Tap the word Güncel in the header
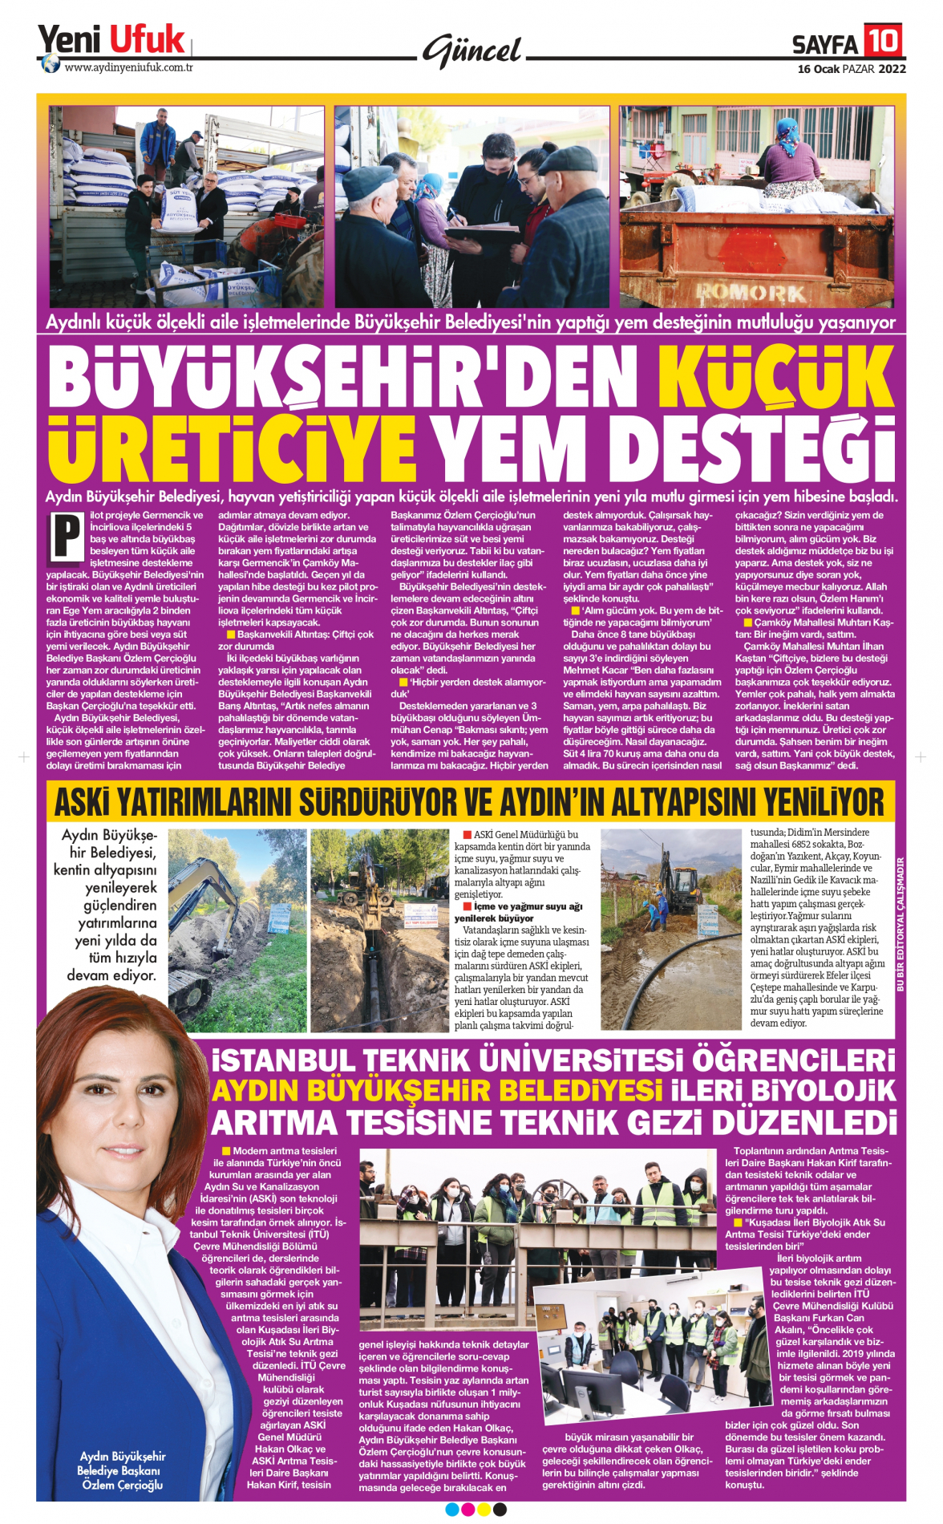click(x=472, y=51)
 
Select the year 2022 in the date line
click(x=892, y=69)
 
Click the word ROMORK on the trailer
click(x=751, y=292)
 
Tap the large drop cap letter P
click(x=67, y=536)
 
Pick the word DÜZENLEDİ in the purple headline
click(x=803, y=1123)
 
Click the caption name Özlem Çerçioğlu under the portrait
click(x=122, y=1485)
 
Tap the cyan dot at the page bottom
click(x=451, y=1510)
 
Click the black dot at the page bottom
click(x=500, y=1510)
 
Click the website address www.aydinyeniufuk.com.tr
click(x=128, y=67)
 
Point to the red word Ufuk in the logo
click(x=147, y=39)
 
